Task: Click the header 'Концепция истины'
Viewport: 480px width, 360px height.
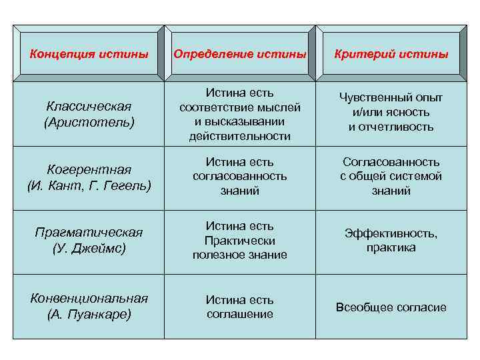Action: point(89,53)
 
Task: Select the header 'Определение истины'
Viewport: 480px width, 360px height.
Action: point(240,53)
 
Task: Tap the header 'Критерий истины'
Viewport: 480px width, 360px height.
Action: point(391,53)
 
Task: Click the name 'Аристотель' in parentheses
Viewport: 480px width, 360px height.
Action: point(89,123)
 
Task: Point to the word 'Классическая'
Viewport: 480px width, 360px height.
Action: point(89,107)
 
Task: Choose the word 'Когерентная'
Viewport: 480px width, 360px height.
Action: point(89,169)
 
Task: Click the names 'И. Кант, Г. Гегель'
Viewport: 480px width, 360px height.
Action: point(89,185)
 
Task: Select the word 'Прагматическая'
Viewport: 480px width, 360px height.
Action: point(89,232)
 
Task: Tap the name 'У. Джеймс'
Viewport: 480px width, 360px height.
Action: point(89,248)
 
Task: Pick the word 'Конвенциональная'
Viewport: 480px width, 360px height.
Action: point(89,298)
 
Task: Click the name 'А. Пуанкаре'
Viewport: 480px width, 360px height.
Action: point(89,314)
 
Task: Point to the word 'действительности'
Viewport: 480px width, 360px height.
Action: point(240,136)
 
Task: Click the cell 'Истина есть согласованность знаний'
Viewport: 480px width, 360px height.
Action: point(240,176)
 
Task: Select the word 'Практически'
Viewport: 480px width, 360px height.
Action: point(240,241)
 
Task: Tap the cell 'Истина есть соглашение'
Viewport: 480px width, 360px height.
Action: point(240,307)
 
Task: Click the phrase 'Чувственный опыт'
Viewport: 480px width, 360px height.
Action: point(391,98)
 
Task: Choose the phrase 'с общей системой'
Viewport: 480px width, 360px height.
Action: point(391,177)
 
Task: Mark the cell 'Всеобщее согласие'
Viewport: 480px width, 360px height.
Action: point(391,307)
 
